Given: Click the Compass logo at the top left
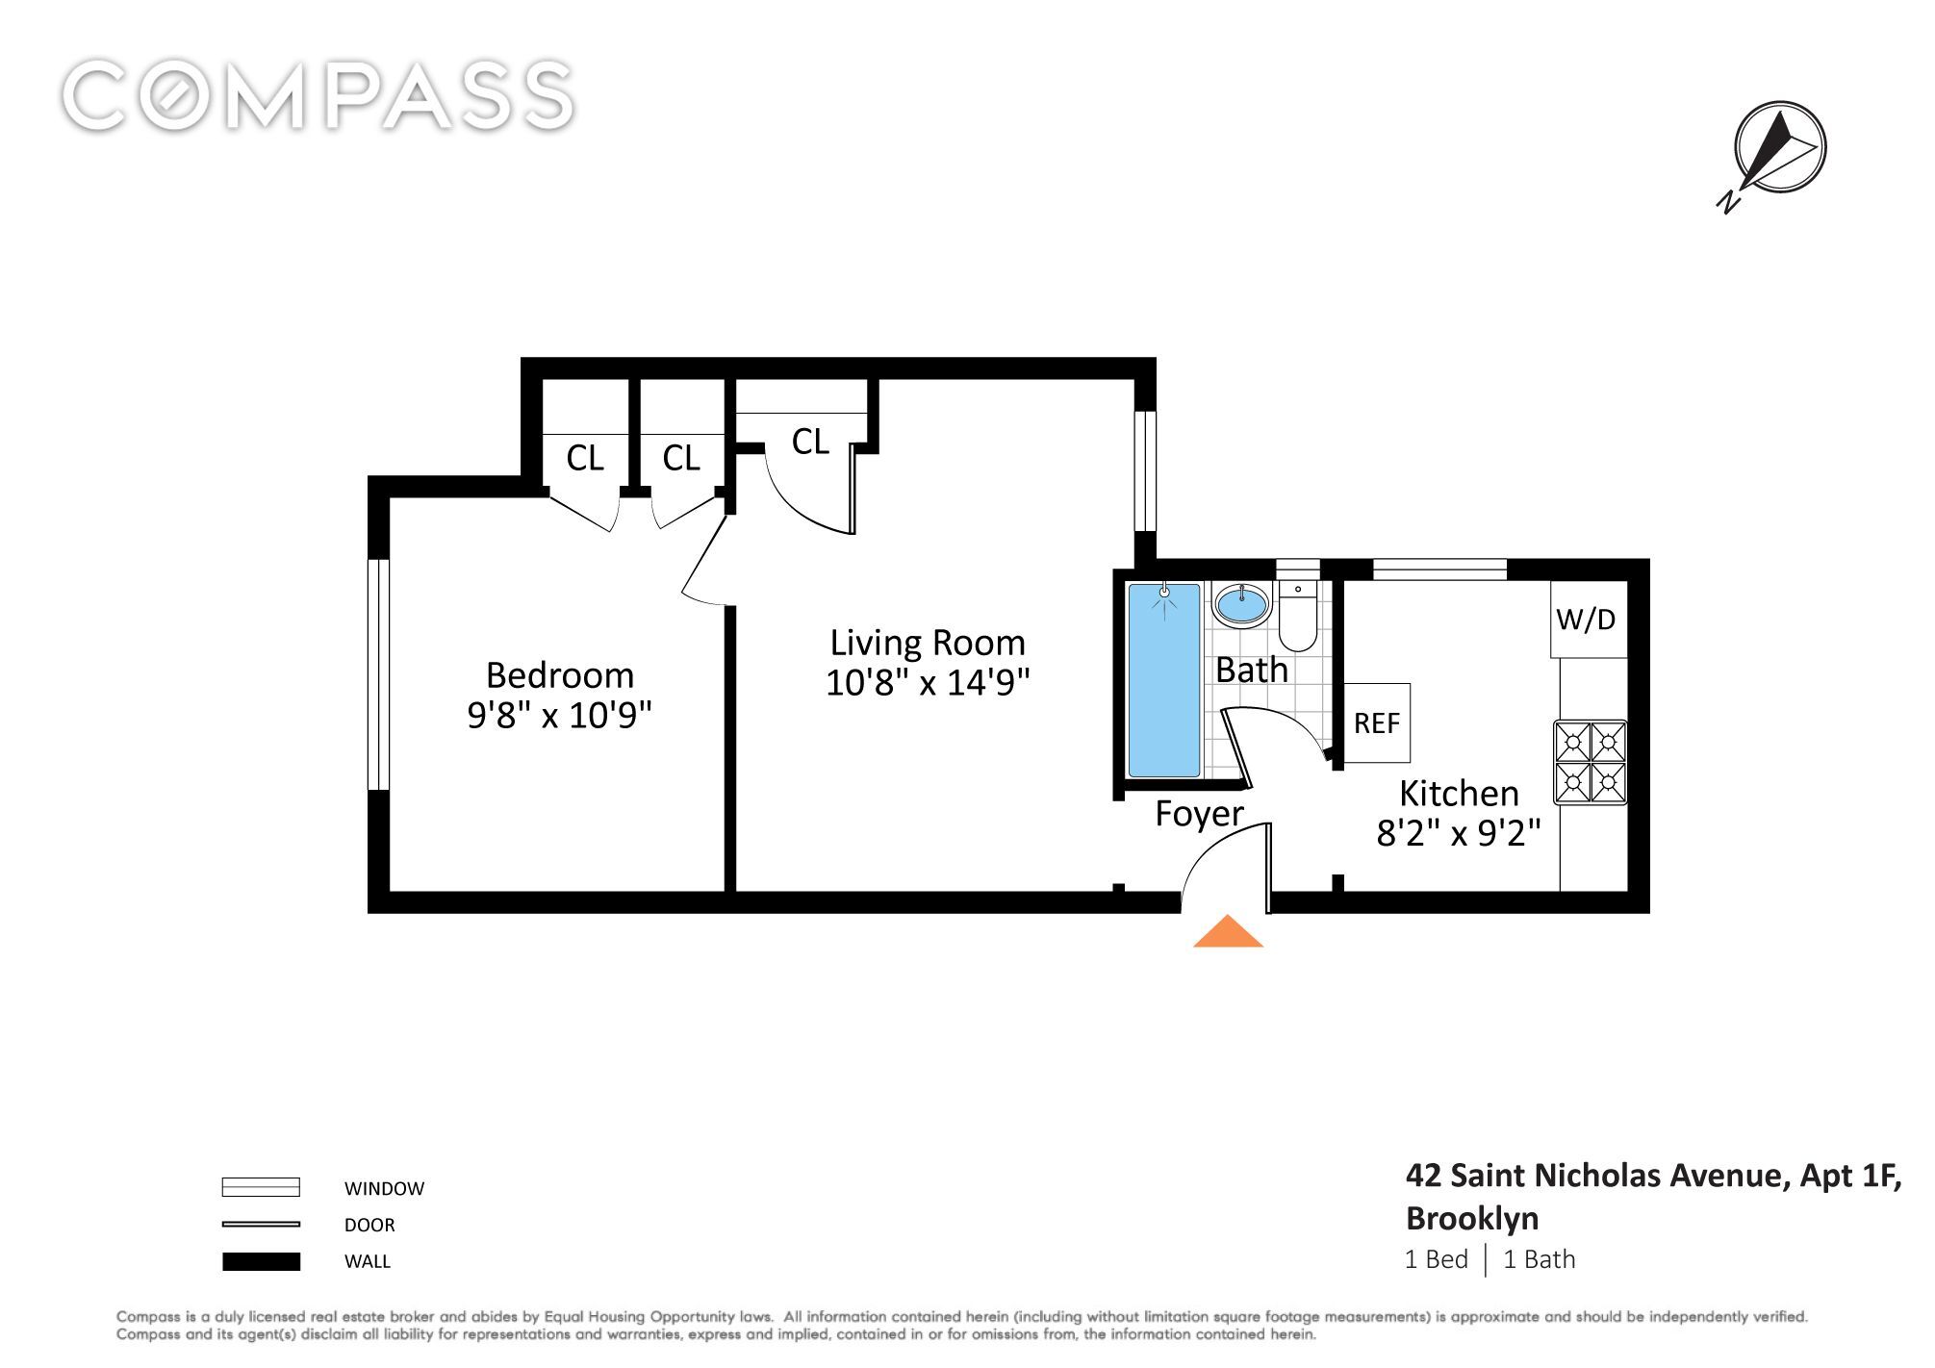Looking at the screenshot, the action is coord(318,95).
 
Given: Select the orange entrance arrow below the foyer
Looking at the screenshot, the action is coord(1228,931).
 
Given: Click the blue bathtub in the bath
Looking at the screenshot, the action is coord(1164,679).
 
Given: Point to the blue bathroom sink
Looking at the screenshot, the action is coord(1241,605).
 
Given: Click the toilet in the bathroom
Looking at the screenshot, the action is coord(1298,615).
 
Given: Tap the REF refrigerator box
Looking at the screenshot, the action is coord(1377,723).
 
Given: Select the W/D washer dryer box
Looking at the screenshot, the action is coord(1588,620).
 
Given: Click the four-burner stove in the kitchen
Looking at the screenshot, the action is coord(1590,762).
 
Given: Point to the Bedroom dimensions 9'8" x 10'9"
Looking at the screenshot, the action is coord(559,716).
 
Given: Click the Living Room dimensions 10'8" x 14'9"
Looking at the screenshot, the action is coord(928,683).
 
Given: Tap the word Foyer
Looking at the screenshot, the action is coord(1199,815).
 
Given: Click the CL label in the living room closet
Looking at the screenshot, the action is coord(810,442).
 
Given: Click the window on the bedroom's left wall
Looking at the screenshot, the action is coord(378,674).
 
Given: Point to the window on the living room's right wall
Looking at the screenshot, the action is coord(1145,471).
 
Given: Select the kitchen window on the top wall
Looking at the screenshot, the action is coord(1439,570).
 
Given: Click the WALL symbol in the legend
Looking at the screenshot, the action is coord(261,1261).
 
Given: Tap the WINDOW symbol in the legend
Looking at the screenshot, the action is coord(261,1187).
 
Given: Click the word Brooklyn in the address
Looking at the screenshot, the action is coord(1472,1219).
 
